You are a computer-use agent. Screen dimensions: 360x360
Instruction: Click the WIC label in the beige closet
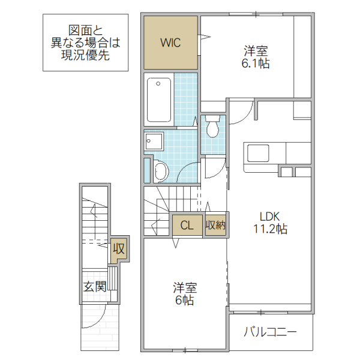click(x=170, y=43)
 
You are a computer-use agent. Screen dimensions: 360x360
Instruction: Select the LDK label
click(x=269, y=217)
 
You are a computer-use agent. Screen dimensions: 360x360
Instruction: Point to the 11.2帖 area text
click(x=269, y=229)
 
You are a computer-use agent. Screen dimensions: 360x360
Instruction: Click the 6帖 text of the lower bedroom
click(x=184, y=300)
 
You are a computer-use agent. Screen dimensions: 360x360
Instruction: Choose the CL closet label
click(x=187, y=226)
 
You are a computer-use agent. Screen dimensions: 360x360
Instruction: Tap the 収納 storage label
click(x=215, y=226)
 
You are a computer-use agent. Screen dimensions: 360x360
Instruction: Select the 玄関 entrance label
click(x=95, y=286)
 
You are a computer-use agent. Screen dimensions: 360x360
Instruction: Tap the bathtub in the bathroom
click(x=158, y=100)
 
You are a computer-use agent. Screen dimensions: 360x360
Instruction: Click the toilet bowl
click(x=212, y=128)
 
